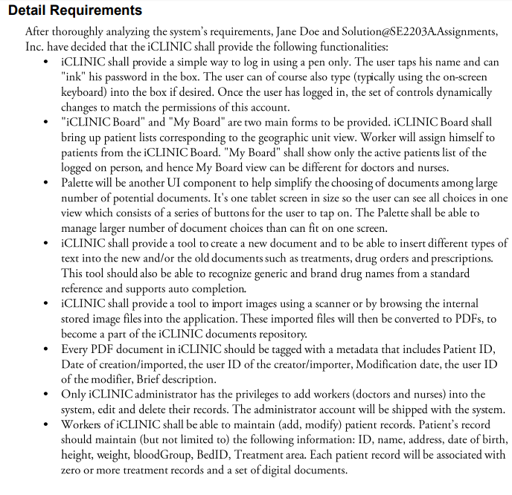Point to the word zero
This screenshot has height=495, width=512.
click(x=74, y=469)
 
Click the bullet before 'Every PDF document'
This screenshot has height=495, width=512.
click(x=48, y=349)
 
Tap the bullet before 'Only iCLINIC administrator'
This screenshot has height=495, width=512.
click(x=48, y=395)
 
